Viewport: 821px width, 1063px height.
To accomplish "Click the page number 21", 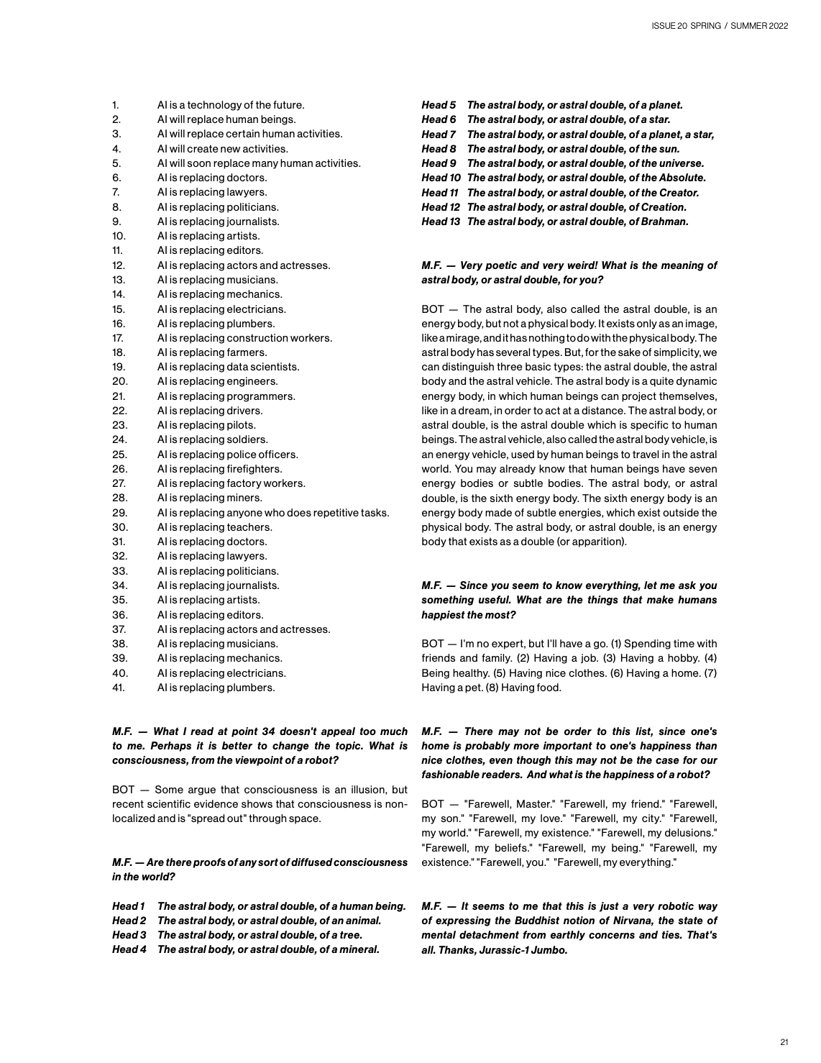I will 784,1041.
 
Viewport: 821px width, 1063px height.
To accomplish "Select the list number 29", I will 119,513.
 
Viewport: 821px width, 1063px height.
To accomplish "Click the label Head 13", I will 440,222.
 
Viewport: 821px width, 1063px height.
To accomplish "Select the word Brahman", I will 666,222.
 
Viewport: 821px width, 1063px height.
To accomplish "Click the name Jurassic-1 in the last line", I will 505,950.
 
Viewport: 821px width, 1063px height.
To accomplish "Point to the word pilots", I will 241,425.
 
